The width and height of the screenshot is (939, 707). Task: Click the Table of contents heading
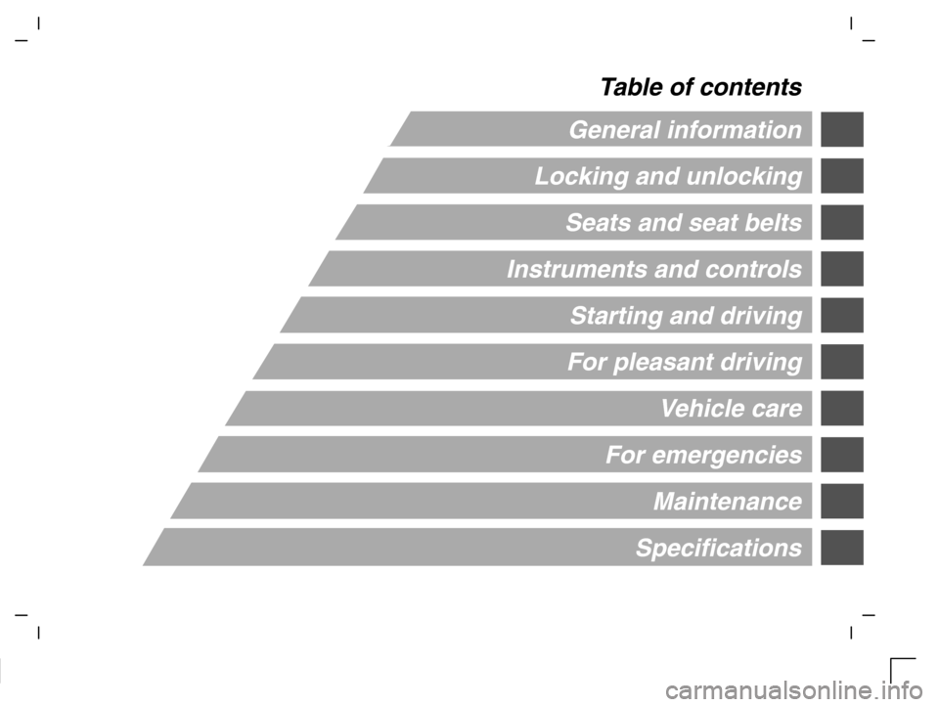point(700,87)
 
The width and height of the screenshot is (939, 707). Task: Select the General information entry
point(685,130)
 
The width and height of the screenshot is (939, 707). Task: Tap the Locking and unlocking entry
point(668,177)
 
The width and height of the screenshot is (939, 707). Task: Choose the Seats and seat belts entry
point(684,223)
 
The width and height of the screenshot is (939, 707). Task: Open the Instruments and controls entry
point(654,269)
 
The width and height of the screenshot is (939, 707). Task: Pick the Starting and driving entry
point(686,316)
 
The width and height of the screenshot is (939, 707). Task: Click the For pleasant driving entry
point(685,362)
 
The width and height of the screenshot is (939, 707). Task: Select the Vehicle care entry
point(732,409)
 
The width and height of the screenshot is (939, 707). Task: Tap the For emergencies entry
point(703,455)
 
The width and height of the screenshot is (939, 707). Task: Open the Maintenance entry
point(728,502)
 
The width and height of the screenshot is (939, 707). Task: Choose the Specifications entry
point(719,549)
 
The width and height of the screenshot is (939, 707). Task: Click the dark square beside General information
point(842,129)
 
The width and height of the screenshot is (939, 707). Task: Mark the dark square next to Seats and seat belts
point(842,223)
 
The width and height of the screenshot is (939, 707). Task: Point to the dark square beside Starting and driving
point(842,316)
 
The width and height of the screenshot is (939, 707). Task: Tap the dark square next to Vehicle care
point(842,409)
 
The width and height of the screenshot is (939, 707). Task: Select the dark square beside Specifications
point(842,548)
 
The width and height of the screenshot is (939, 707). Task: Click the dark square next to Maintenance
point(842,501)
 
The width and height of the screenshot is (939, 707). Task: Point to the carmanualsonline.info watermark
point(794,692)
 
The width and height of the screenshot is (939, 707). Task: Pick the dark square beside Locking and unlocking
point(842,176)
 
